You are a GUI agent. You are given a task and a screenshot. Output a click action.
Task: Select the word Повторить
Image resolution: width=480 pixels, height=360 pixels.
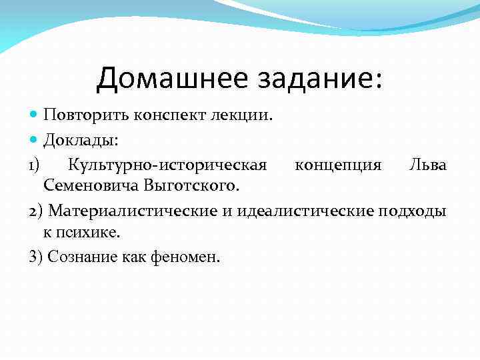[81, 115]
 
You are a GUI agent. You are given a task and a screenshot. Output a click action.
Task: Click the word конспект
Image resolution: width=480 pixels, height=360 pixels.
[165, 115]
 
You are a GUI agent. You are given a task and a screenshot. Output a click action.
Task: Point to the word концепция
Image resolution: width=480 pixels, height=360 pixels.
[338, 164]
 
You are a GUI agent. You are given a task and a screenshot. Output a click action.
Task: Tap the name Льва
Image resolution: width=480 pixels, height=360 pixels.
[427, 164]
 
